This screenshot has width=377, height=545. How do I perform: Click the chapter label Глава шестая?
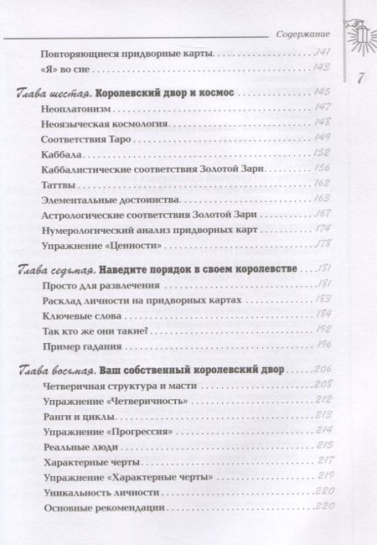pos(54,90)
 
